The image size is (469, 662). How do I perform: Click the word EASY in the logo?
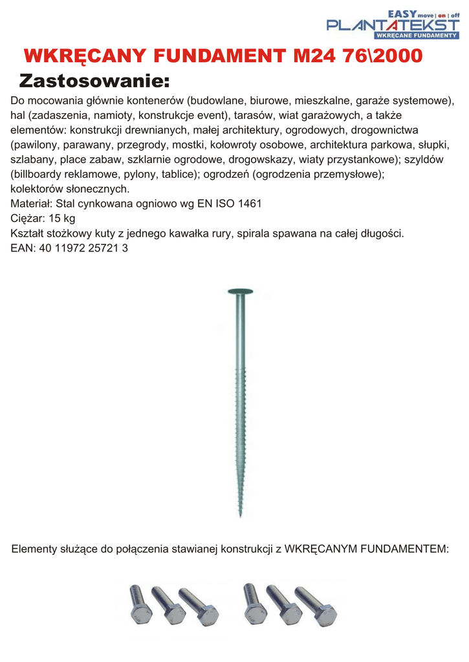point(401,13)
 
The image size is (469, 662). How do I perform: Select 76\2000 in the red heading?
point(383,56)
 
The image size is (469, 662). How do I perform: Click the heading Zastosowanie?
point(94,81)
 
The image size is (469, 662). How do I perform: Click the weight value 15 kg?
point(61,219)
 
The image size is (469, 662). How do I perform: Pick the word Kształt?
point(28,233)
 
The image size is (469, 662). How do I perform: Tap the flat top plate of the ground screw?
point(239,290)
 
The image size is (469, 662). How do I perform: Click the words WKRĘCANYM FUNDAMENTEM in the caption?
point(365,550)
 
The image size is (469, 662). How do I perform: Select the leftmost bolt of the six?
point(139,604)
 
